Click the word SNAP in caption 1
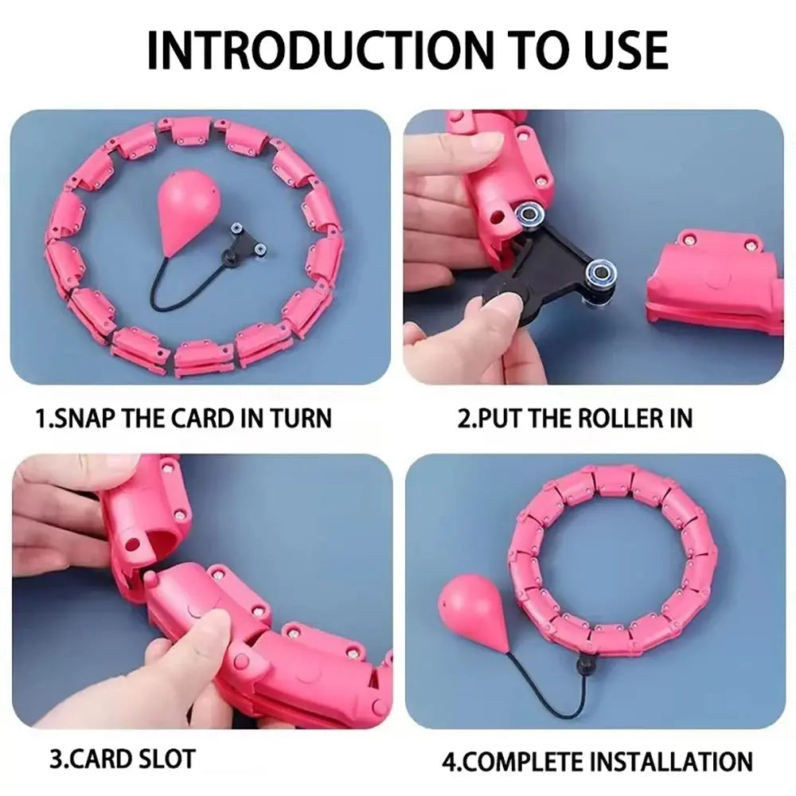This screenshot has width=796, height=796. [87, 418]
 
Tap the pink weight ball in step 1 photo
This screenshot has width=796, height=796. [189, 215]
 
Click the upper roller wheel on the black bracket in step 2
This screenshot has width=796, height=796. [528, 217]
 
